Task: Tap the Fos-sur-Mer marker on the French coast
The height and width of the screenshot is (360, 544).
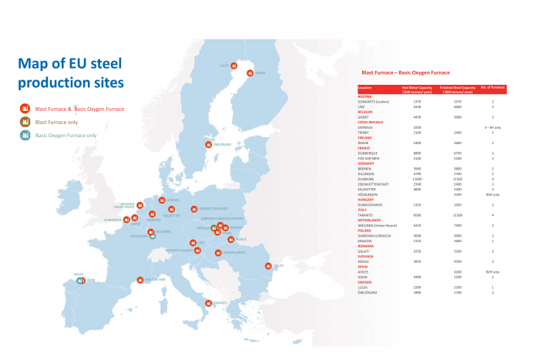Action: click(139, 281)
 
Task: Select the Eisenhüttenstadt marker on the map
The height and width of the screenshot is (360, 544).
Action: click(193, 208)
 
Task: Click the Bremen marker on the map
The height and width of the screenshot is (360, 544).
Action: click(162, 200)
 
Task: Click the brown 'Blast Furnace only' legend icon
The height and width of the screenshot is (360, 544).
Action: click(25, 122)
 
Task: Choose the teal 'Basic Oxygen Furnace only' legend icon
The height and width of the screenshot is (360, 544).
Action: click(25, 135)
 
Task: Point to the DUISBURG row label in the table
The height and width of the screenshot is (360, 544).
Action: click(367, 178)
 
